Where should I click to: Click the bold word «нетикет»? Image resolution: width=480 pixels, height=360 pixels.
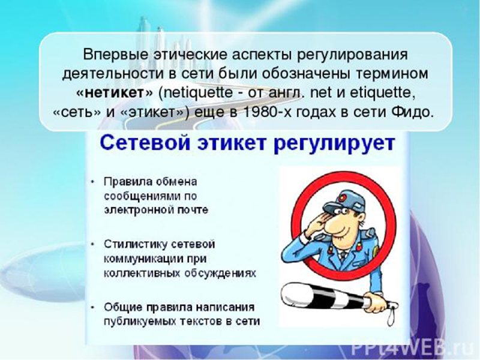point(114,93)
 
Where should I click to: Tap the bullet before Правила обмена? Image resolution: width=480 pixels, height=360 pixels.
point(92,182)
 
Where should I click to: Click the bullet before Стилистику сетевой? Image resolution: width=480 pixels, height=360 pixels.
point(92,245)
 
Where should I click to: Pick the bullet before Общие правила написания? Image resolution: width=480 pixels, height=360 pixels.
point(92,307)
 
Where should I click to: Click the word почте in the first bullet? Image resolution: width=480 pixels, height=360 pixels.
point(193,211)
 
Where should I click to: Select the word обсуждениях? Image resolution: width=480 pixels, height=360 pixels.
point(220,274)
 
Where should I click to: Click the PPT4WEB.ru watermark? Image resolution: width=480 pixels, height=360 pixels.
point(414,348)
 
